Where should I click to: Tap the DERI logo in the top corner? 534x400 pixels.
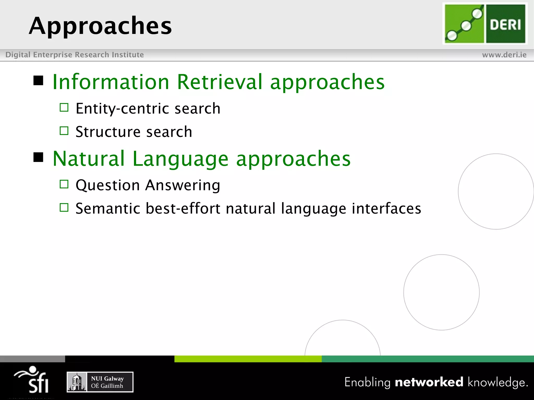485,24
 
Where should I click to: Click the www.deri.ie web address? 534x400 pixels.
504,55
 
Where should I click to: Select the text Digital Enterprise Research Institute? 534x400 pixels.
75,55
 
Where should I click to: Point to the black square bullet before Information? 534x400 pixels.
38,80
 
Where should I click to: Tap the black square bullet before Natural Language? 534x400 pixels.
38,157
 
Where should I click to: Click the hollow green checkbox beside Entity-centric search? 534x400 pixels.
64,107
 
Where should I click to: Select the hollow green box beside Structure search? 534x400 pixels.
64,131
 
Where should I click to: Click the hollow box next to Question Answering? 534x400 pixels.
64,184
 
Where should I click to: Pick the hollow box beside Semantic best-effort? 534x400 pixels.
64,208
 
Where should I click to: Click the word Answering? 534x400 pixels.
183,185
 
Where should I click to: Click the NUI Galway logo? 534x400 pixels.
100,382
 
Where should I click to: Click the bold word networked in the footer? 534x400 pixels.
429,382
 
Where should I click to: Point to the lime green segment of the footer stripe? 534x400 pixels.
248,359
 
